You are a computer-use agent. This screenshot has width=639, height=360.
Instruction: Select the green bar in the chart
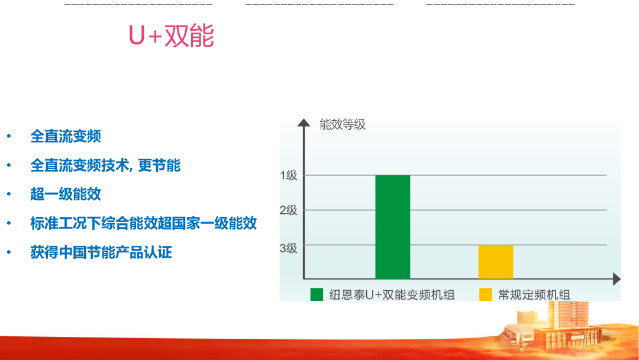pyautogui.click(x=392, y=227)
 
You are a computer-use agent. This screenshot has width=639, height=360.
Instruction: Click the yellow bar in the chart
pyautogui.click(x=495, y=261)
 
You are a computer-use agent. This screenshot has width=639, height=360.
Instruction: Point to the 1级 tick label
pyautogui.click(x=289, y=175)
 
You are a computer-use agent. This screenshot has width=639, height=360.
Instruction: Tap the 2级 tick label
pyautogui.click(x=289, y=210)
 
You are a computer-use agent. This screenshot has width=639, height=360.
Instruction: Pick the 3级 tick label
pyautogui.click(x=289, y=248)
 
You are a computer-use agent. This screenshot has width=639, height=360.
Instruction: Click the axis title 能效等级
pyautogui.click(x=342, y=124)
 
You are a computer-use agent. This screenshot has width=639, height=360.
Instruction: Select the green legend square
pyautogui.click(x=317, y=294)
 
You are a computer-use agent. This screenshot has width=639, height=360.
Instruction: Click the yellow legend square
pyautogui.click(x=485, y=294)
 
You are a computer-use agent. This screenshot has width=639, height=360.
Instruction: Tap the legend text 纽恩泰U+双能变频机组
pyautogui.click(x=392, y=294)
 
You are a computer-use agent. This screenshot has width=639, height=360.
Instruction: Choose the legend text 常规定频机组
pyautogui.click(x=534, y=294)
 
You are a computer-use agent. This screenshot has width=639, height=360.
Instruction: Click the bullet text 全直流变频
pyautogui.click(x=66, y=136)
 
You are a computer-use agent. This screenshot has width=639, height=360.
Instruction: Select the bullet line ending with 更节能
pyautogui.click(x=105, y=165)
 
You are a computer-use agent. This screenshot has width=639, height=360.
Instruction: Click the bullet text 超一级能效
pyautogui.click(x=66, y=194)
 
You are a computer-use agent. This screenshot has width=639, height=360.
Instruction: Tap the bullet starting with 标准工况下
pyautogui.click(x=143, y=223)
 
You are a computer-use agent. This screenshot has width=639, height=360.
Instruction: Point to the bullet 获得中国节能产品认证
pyautogui.click(x=101, y=252)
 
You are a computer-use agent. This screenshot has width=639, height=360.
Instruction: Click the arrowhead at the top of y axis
pyautogui.click(x=304, y=123)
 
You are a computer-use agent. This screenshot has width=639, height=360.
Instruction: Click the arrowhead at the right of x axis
pyautogui.click(x=617, y=279)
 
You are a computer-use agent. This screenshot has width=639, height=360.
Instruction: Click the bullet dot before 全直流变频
pyautogui.click(x=9, y=137)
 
